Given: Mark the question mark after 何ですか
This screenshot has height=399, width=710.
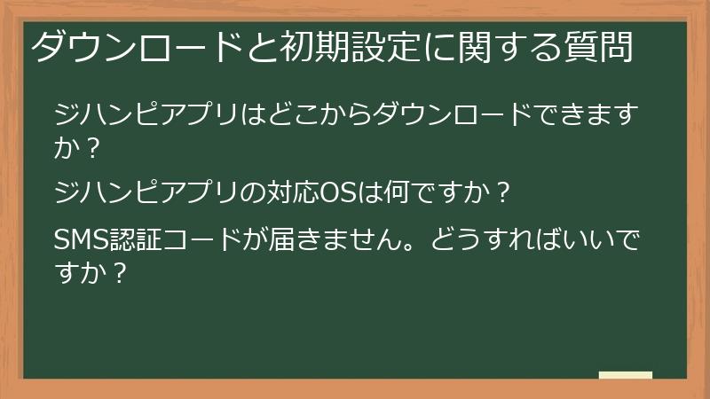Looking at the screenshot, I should tap(503, 192).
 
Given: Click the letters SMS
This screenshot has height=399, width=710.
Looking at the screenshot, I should tap(81, 239).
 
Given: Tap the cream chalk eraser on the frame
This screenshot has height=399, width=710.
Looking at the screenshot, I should tap(626, 375).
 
